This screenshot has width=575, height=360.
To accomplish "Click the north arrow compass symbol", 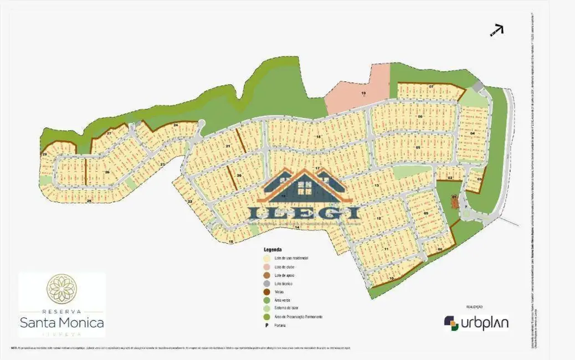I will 496,30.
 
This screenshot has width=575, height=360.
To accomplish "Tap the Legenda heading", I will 272,250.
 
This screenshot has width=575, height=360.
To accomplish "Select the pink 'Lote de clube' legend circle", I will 267,267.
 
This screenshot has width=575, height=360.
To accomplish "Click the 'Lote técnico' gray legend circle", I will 267,284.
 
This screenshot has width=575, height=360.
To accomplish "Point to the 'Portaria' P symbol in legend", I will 267,325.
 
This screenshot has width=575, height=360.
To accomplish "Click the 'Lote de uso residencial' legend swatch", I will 267,259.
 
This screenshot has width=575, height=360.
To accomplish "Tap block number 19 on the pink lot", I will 363,93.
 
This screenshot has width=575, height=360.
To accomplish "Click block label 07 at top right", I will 431,87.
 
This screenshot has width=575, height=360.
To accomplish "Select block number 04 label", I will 473,133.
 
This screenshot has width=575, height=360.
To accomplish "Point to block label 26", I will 107,172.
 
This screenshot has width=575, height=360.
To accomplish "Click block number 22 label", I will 189,201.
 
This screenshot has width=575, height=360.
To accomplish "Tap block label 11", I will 385,249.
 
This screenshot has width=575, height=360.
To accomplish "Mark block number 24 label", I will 176,126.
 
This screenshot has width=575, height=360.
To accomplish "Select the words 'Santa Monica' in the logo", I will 61,322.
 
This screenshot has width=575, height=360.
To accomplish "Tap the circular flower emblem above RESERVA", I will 61,289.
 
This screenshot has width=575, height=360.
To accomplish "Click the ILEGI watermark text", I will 304,212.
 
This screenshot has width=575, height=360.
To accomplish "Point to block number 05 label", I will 418,147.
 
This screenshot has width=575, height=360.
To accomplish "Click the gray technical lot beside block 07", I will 478,87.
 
